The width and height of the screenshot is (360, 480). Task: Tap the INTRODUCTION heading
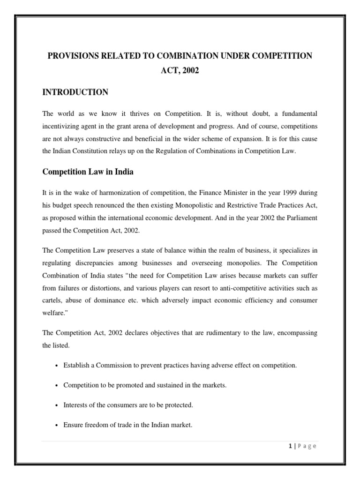[75, 92]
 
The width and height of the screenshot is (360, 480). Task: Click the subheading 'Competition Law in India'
[88, 172]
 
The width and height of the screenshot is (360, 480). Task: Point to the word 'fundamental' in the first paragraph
[299, 113]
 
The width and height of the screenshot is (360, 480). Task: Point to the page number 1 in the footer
[291, 446]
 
